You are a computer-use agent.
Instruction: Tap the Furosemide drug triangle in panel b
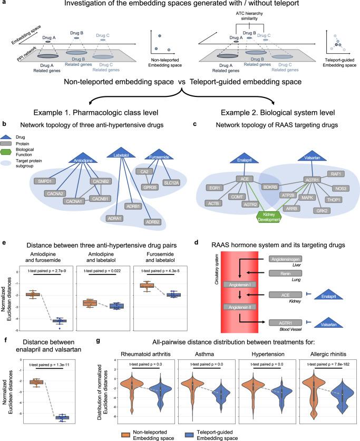[x=159, y=154]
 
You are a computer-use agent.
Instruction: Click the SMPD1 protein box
[x=45, y=181]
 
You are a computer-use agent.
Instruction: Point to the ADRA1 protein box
[x=114, y=218]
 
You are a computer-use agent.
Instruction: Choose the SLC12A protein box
[x=171, y=183]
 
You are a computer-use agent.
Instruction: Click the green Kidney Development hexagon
[x=269, y=217]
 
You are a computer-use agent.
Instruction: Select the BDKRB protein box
[x=270, y=187]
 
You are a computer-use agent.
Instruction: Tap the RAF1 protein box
[x=336, y=174]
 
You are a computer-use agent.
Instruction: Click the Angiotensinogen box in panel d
[x=286, y=259]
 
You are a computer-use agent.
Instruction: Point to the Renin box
[x=285, y=273]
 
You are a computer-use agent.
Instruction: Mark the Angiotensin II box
[x=240, y=307]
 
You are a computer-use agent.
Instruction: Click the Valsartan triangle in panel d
[x=328, y=322]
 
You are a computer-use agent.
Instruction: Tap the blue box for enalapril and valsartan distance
[x=62, y=417]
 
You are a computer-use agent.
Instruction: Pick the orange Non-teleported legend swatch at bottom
[x=125, y=435]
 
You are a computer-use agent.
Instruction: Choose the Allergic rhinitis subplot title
[x=328, y=354]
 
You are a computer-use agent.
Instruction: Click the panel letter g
[x=98, y=341]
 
